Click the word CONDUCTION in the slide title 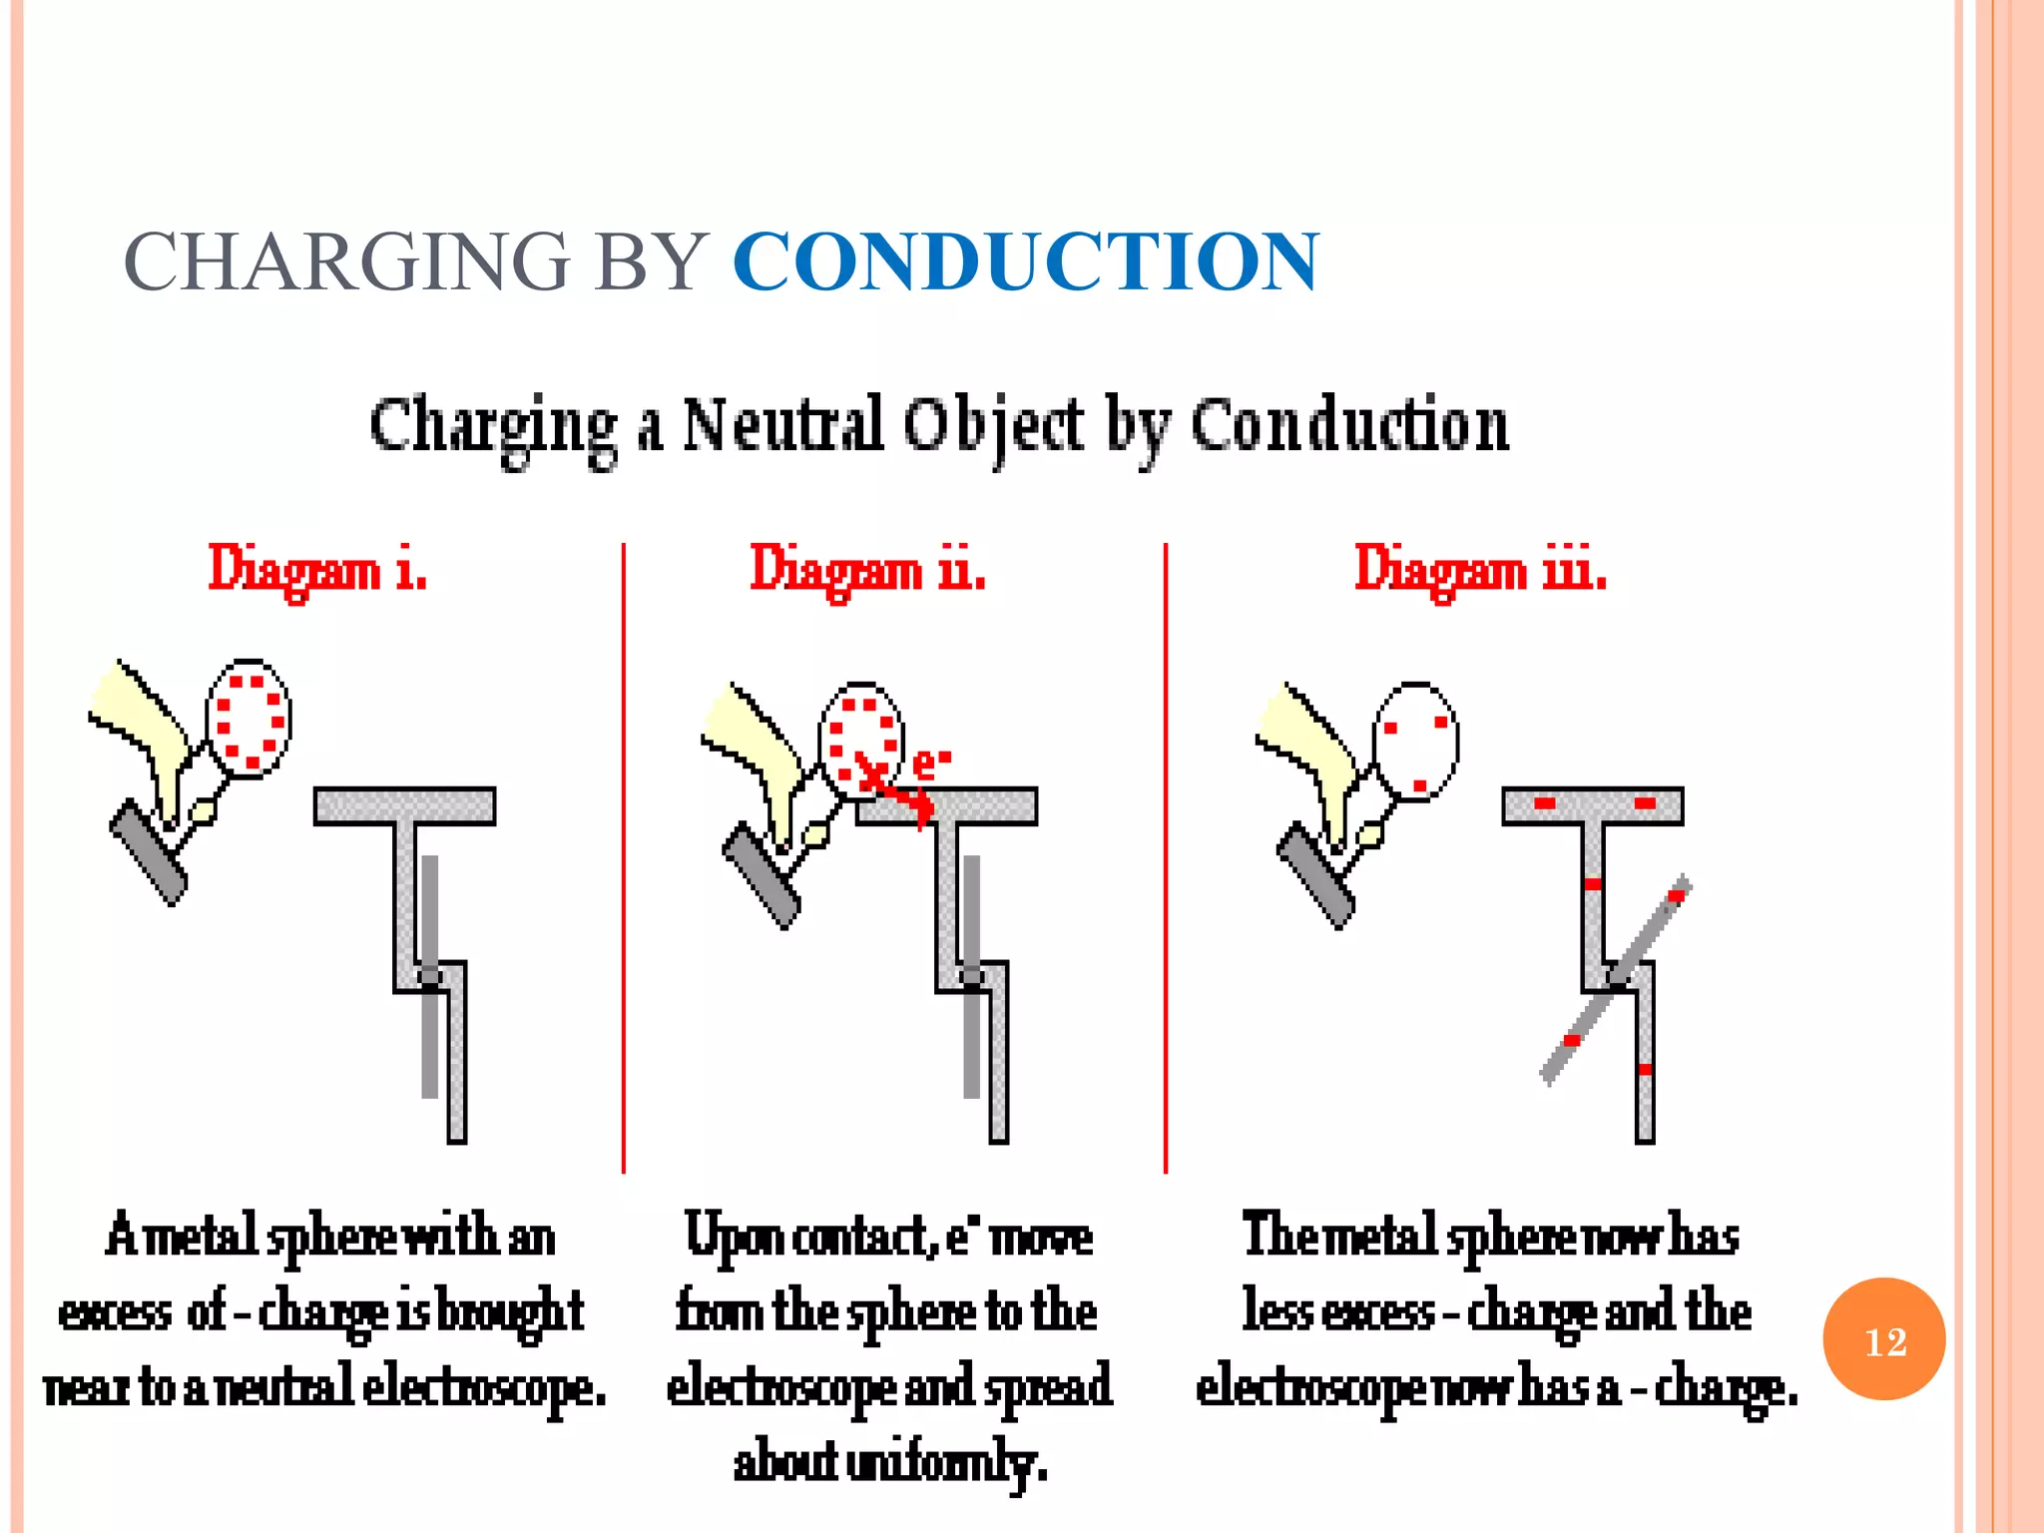(1025, 261)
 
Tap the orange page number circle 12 (1883, 1339)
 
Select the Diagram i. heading (317, 571)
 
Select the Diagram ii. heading (867, 571)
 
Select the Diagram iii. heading (1479, 571)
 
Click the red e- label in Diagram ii (930, 764)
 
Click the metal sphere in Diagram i (249, 719)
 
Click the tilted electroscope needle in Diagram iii (1615, 980)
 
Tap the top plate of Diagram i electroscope (404, 805)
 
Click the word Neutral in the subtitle (782, 424)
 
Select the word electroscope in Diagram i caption (484, 1387)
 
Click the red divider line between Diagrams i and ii (623, 858)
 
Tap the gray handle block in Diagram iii (1315, 875)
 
